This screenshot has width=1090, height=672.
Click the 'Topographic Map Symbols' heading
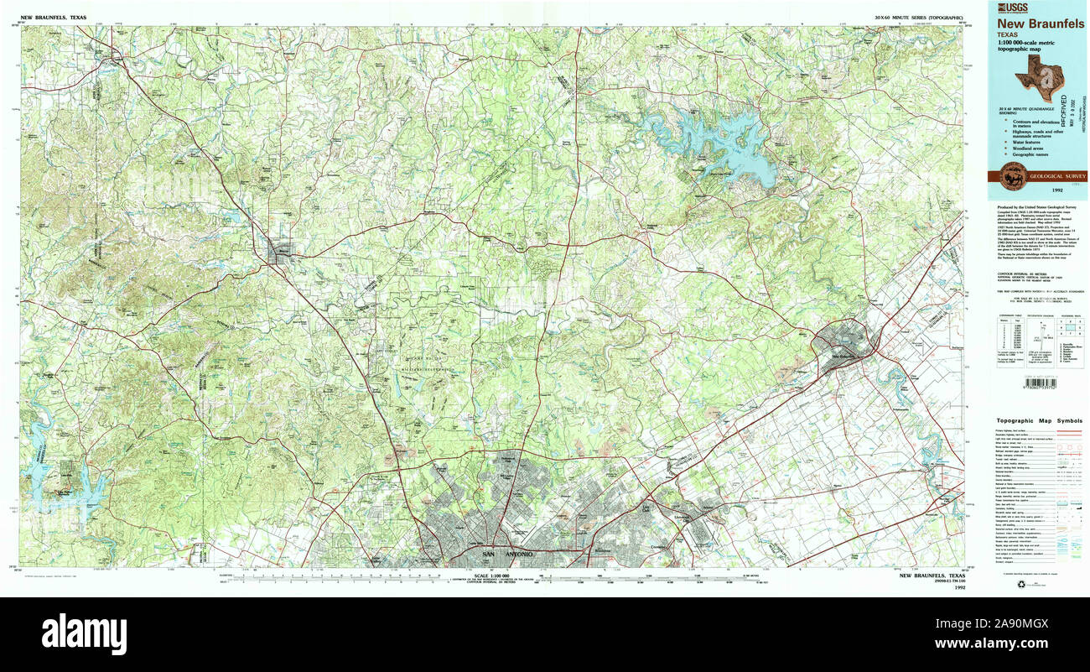(1039, 420)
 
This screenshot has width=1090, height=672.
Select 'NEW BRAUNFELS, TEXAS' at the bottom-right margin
(932, 576)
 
